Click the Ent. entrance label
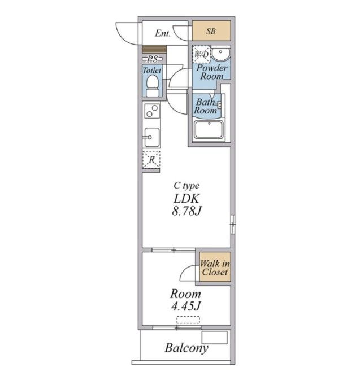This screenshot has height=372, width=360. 163,33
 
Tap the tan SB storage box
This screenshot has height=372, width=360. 211,30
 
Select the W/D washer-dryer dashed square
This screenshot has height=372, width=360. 201,54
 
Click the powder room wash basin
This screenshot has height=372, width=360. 220,54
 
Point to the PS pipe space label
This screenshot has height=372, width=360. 152,59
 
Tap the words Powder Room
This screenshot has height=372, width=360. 212,72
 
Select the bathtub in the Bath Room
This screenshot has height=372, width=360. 209,130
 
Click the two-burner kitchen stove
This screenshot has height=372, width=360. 152,111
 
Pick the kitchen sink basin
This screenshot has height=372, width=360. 152,137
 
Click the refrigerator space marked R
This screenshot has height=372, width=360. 151,159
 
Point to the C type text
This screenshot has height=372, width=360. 186,186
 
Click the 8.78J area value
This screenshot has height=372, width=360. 187,211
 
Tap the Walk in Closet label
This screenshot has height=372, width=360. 215,268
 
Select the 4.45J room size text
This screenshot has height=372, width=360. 186,306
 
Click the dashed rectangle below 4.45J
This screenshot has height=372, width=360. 188,320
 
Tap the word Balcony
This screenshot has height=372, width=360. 186,348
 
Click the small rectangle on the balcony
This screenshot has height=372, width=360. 214,337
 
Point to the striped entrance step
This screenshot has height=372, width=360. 154,50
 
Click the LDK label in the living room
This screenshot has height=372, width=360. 186,199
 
